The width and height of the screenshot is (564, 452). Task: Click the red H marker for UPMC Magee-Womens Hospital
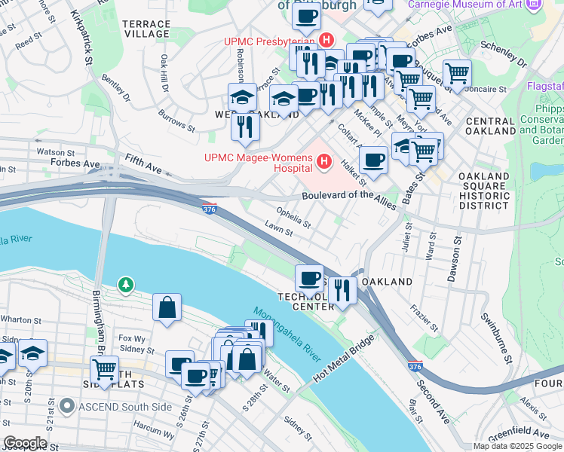coord(324,161)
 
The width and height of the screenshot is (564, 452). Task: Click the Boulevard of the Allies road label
coord(348,196)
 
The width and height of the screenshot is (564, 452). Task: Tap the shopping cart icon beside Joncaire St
coord(457,74)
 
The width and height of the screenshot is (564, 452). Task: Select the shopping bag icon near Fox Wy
coord(167,307)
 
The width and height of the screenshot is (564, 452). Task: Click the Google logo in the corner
coord(25,443)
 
